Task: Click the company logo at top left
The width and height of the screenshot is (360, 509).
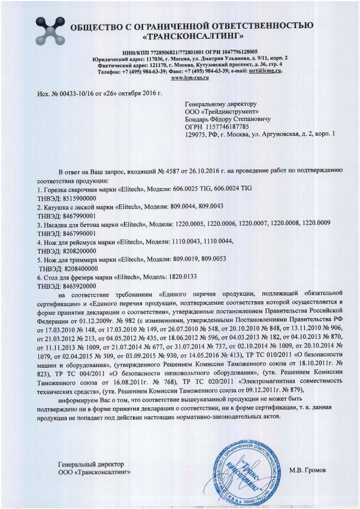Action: (x=46, y=29)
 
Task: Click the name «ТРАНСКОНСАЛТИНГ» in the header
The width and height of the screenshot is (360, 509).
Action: (x=191, y=35)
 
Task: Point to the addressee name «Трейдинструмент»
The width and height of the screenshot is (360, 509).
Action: (x=220, y=111)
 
